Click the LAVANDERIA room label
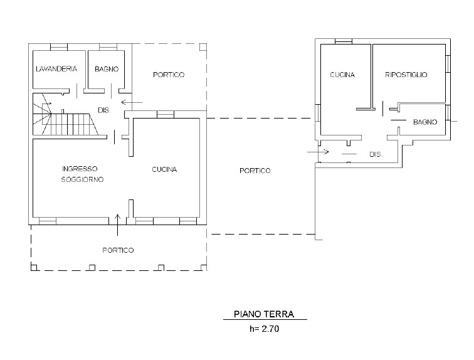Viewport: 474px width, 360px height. tap(56, 69)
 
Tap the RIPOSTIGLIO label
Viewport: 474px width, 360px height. tap(406, 75)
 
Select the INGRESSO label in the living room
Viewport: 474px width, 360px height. tap(80, 169)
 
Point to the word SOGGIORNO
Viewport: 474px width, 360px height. tap(82, 179)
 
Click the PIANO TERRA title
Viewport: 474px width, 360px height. tap(264, 314)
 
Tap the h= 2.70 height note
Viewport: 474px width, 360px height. tap(264, 329)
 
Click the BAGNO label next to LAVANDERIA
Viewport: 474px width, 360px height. tap(107, 69)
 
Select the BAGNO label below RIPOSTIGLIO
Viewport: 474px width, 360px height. tap(425, 122)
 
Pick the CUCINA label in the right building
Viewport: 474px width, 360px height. tap(342, 75)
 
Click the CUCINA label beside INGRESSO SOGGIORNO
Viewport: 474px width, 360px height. tap(164, 169)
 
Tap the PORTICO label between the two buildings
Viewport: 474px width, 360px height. tap(255, 171)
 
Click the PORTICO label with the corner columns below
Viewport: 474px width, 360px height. tap(118, 250)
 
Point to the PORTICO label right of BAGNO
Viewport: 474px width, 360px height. tap(169, 75)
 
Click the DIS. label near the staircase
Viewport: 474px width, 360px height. tap(104, 110)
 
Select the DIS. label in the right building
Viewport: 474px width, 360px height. tap(376, 154)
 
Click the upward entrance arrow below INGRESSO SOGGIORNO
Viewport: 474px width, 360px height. tap(118, 225)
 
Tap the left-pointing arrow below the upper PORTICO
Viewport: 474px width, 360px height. tap(132, 102)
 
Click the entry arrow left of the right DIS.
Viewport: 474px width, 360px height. tap(318, 151)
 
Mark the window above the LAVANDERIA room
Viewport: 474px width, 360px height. tap(59, 47)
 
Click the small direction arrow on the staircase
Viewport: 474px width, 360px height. tap(48, 103)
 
